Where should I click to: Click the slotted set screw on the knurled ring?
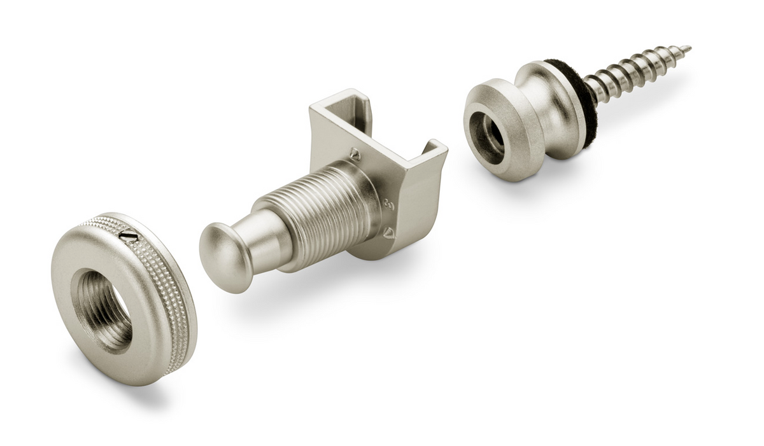pos(129,236)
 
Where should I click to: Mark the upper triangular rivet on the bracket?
pos(355,155)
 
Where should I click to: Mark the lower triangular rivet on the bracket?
pos(388,233)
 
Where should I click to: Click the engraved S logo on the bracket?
pos(389,205)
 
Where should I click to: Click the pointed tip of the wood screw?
pos(687,48)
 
